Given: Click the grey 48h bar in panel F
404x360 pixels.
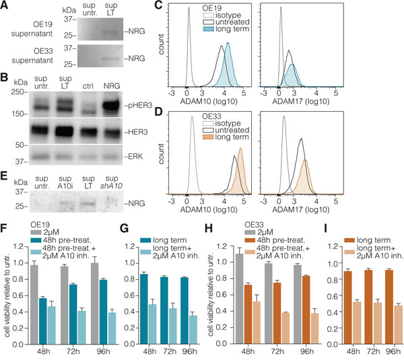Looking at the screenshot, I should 28,295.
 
